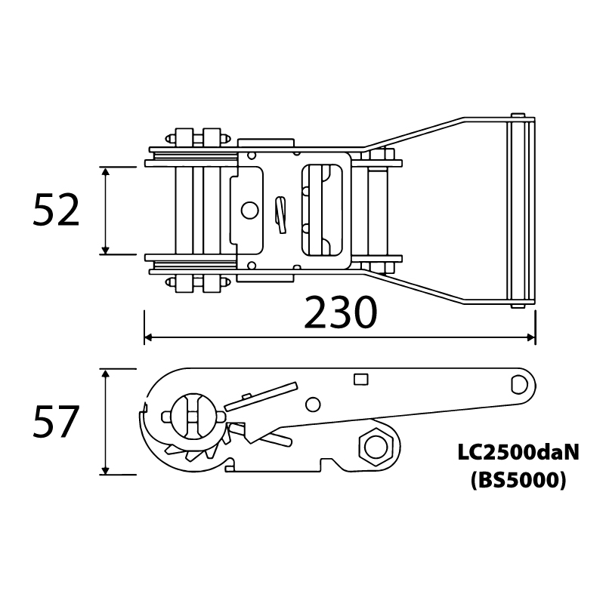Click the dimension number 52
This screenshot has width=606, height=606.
56,211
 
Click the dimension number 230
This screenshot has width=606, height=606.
340,312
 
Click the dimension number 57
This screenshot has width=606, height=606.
56,422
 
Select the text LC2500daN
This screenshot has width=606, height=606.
518,452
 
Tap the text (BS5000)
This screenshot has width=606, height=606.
518,481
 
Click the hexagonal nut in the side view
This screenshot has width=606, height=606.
375,448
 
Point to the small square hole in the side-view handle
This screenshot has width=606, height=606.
360,379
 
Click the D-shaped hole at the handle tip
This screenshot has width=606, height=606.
519,385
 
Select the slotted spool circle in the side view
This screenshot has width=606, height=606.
195,417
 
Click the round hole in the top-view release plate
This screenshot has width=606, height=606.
249,211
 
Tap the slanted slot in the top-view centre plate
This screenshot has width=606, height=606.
280,215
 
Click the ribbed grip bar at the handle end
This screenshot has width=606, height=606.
521,211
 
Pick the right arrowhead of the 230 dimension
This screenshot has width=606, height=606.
531,338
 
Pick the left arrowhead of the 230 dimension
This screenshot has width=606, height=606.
149,338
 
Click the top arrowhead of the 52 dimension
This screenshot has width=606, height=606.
105,171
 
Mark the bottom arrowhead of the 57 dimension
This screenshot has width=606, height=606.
105,470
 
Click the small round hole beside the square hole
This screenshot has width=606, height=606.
313,405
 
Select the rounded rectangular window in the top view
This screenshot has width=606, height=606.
322,211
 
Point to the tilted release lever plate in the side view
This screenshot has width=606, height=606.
261,397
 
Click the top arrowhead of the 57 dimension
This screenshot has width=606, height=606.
105,374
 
